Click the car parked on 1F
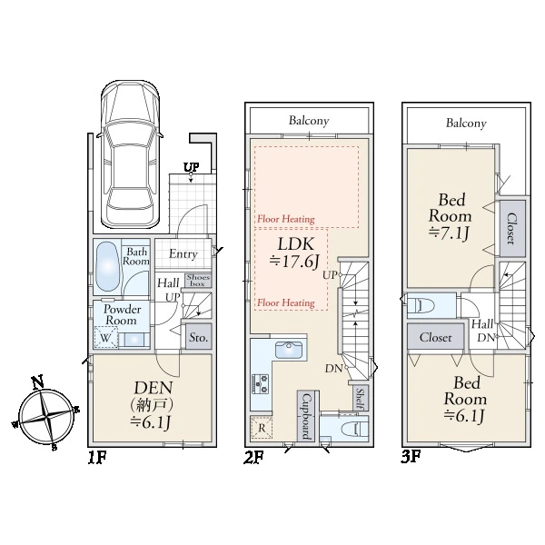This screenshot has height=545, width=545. (131, 155)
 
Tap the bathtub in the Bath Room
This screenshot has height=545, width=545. (108, 266)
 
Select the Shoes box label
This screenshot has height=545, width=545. (198, 280)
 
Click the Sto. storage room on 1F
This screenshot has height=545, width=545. (198, 337)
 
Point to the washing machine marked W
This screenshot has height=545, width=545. (105, 337)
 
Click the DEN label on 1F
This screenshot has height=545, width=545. (154, 388)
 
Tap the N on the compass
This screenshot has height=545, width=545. (38, 381)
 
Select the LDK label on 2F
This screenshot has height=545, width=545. (296, 244)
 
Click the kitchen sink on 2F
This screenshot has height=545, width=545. (289, 350)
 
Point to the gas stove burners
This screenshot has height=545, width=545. (261, 383)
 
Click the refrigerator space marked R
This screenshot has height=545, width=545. (262, 428)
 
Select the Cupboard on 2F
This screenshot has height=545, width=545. (306, 416)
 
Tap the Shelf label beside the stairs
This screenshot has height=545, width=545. (361, 399)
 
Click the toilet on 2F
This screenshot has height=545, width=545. (354, 429)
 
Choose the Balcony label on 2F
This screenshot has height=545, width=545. (309, 121)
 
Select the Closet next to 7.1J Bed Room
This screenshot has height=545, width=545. (512, 228)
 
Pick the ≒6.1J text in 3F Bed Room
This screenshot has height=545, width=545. (464, 415)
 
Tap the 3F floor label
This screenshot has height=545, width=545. (411, 457)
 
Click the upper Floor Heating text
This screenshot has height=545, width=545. (286, 219)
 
